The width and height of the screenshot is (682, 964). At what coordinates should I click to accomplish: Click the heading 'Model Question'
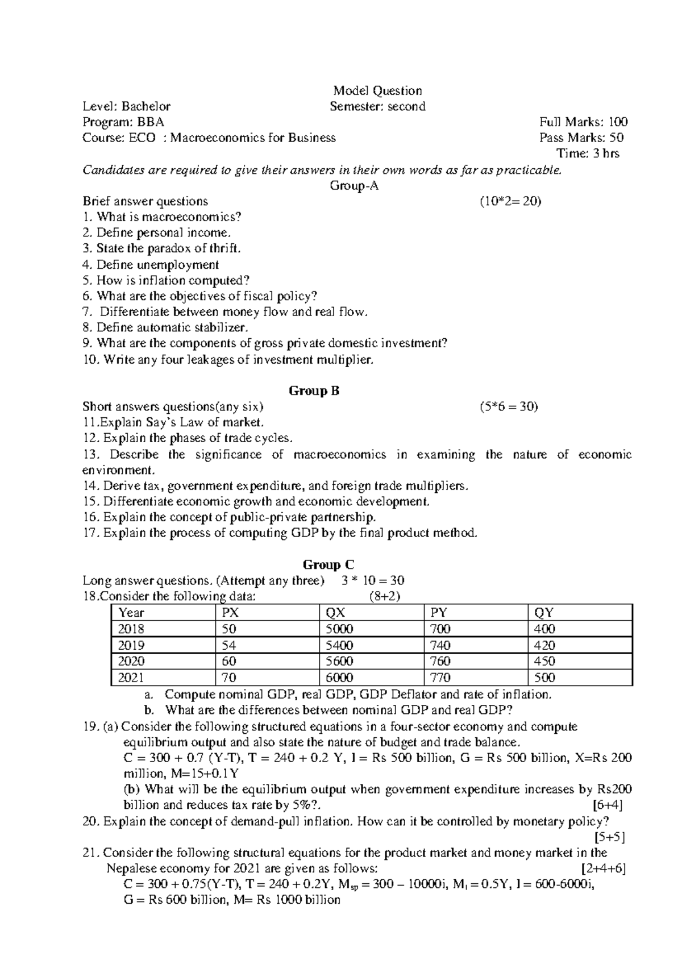[377, 90]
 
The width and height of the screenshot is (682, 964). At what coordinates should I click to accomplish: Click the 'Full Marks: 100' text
[583, 122]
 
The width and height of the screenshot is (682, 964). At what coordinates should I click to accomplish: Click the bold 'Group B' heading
[314, 391]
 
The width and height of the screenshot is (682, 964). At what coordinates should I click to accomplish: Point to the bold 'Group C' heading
[328, 564]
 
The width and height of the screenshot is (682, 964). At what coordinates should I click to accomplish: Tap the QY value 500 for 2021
[544, 678]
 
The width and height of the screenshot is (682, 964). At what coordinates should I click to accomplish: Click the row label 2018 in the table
[131, 629]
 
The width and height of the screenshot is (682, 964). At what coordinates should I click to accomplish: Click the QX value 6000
[339, 678]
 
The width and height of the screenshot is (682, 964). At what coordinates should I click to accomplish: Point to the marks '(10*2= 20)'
[510, 201]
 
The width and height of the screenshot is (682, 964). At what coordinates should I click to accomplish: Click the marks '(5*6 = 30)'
[509, 407]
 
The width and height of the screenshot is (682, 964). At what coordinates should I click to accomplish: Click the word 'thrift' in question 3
[224, 248]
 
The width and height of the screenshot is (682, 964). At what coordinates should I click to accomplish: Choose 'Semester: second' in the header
[377, 106]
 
